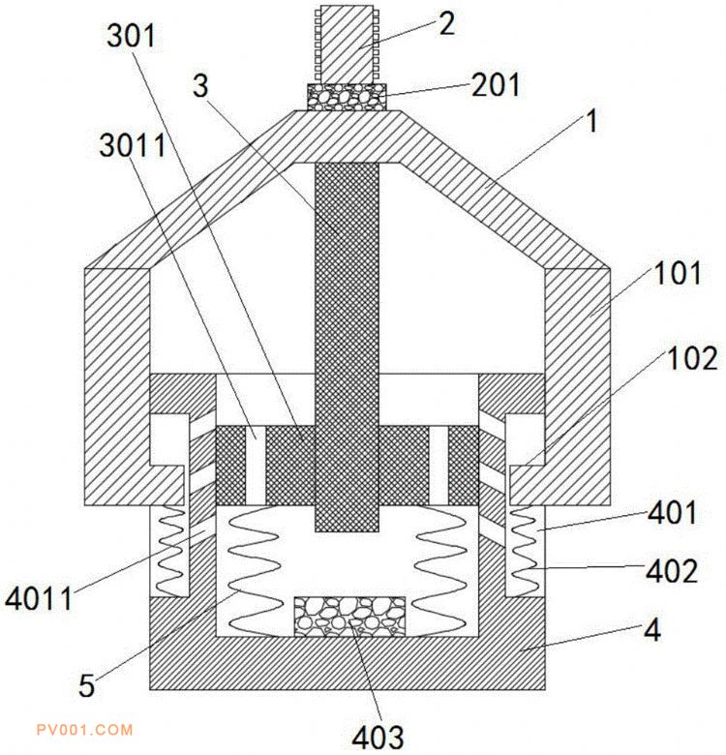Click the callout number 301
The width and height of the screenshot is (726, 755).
[x=131, y=36]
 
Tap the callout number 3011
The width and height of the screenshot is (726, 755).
[x=133, y=145]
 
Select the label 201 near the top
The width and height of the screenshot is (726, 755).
[x=496, y=85]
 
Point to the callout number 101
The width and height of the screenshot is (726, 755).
[x=677, y=273]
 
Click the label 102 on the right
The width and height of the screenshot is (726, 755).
[x=692, y=358]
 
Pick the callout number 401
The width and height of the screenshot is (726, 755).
[x=672, y=512]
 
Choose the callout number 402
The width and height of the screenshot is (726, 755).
[x=672, y=571]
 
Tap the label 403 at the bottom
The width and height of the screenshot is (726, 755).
[x=378, y=737]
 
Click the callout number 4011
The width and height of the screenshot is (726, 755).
[x=39, y=599]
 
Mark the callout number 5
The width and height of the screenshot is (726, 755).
[x=87, y=685]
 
